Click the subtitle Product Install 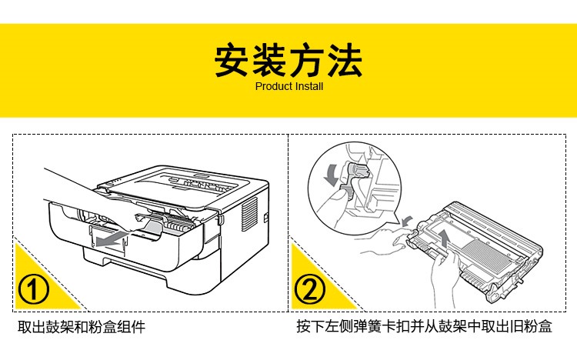[288, 87]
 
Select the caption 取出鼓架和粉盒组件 [81, 327]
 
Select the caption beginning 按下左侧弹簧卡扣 [424, 327]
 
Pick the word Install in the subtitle [309, 87]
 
